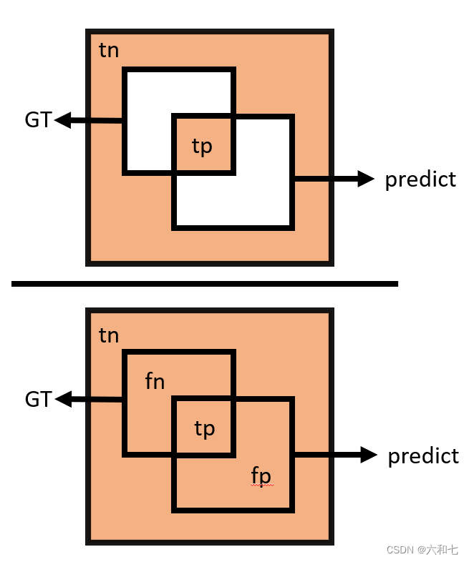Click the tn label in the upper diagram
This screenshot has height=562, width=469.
coord(109,51)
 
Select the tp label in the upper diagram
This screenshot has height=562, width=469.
coord(203,146)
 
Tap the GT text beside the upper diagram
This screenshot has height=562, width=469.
coord(38,120)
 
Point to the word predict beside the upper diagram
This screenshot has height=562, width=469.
coord(420,179)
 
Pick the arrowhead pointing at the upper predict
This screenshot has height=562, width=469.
coord(366,179)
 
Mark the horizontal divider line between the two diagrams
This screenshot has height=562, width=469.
coord(205,284)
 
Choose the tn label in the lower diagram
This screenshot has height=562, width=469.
coord(109,335)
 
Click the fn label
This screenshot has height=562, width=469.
coord(155,382)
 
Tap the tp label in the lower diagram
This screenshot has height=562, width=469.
coord(205,428)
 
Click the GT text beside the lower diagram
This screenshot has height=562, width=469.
coord(38,399)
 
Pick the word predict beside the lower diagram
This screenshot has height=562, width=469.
coord(423,455)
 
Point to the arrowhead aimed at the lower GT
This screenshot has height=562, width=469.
coord(64,399)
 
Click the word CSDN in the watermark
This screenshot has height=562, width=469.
coord(401,550)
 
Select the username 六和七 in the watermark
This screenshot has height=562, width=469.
coord(443,550)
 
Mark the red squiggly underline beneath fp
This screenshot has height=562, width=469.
coord(261,485)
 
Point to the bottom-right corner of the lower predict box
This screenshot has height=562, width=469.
coord(292,510)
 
